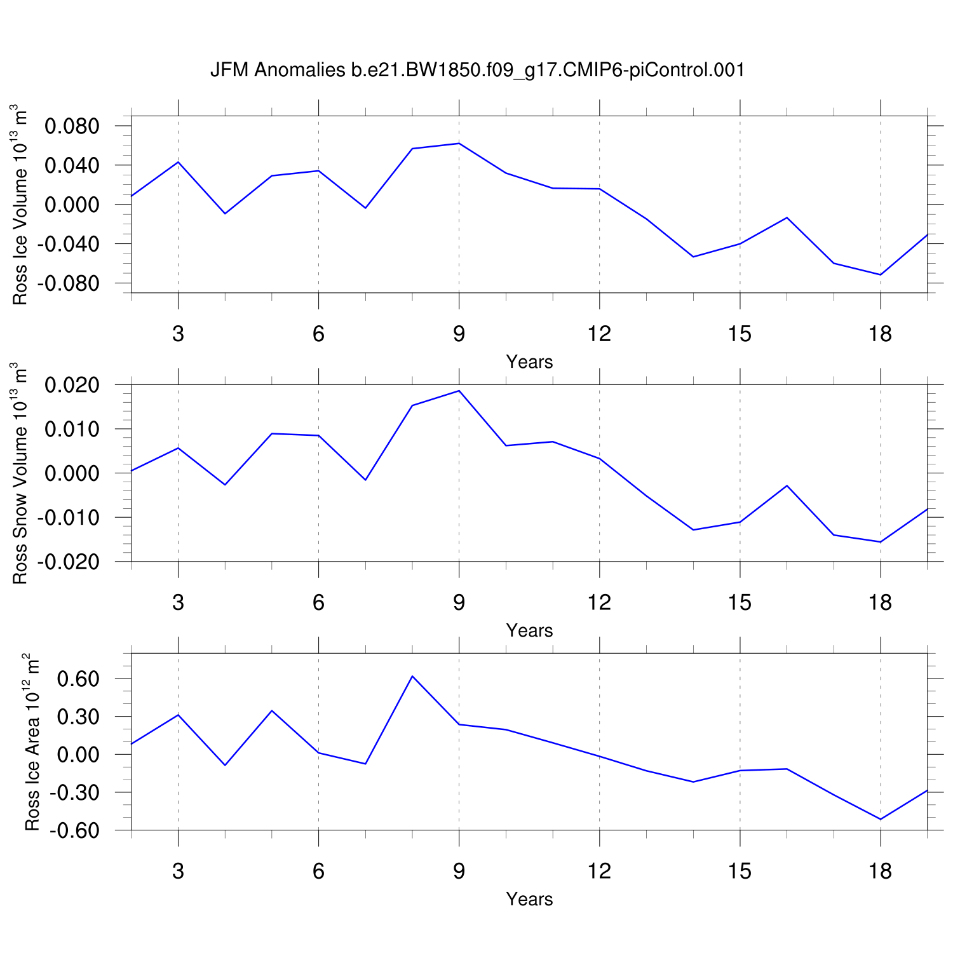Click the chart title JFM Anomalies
pos(477,70)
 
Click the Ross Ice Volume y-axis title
pos(21,205)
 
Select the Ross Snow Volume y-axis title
pos(21,473)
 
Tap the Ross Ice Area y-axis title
pos(32,741)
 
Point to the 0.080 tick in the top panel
pos(72,126)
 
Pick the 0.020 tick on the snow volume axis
pos(72,385)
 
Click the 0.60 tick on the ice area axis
pos(78,679)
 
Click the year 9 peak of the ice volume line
pos(459,143)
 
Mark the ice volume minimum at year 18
pos(880,274)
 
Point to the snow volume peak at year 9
pos(459,391)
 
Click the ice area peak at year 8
pos(412,676)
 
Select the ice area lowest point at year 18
pos(880,819)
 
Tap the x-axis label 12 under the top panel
pos(599,334)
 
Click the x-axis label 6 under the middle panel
pos(318,602)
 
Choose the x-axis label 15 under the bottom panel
pos(740,871)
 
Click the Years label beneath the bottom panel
pos(529,899)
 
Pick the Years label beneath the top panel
pos(529,362)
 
